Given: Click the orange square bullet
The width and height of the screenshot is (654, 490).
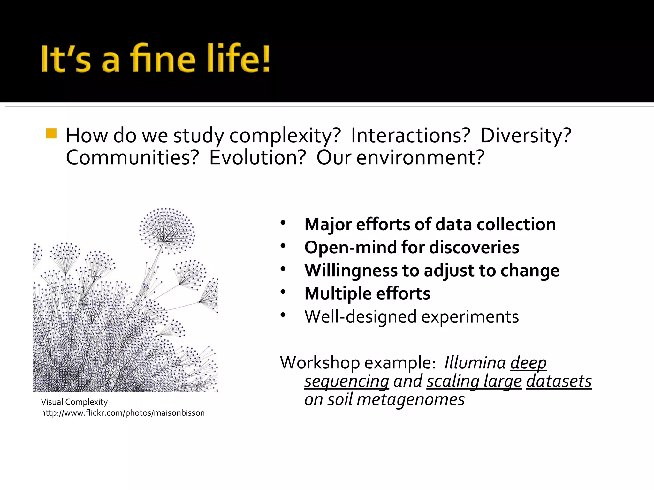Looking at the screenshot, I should click(51, 133).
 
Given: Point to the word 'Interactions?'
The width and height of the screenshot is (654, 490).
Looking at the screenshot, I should click(411, 135).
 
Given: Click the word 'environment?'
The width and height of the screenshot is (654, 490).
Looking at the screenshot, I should click(420, 158).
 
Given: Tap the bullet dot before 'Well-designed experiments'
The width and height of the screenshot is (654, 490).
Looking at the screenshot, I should click(283, 315).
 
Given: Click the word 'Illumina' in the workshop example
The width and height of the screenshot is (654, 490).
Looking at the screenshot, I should click(475, 363).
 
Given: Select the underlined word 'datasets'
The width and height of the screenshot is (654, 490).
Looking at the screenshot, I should click(559, 382).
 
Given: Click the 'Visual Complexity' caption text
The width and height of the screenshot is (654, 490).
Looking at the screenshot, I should click(74, 402).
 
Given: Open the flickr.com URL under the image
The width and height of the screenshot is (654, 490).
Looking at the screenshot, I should click(123, 413).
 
